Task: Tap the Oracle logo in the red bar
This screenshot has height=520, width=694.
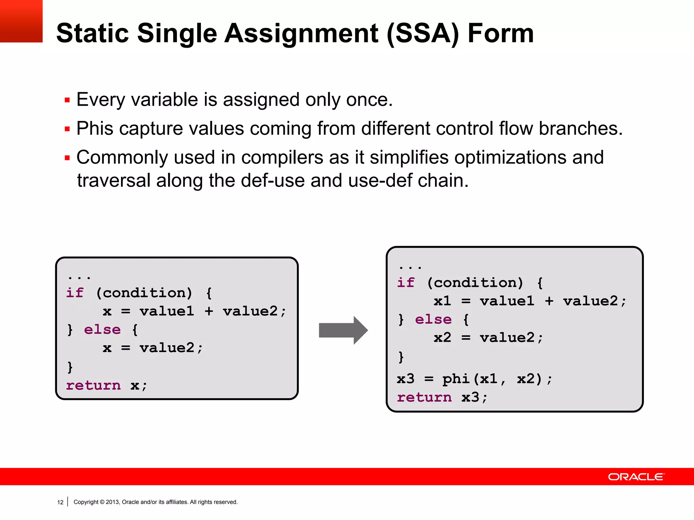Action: click(636, 477)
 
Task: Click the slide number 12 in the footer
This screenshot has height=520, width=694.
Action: click(60, 502)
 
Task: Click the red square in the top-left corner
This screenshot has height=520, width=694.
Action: click(21, 21)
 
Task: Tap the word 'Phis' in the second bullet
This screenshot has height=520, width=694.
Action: click(95, 129)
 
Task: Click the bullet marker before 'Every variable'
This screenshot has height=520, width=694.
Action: click(67, 100)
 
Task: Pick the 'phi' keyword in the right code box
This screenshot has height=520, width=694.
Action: click(456, 378)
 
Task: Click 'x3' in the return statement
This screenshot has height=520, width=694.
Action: click(470, 397)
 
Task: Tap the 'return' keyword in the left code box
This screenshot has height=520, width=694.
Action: click(93, 385)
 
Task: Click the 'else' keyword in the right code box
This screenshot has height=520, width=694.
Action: click(433, 319)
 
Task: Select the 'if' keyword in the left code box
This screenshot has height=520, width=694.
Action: click(75, 292)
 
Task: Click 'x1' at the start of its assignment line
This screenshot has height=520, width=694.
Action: click(442, 301)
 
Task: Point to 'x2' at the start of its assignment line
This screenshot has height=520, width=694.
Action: click(442, 337)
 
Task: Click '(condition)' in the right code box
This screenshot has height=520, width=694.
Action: click(475, 282)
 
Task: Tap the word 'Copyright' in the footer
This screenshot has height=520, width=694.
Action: click(86, 502)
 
